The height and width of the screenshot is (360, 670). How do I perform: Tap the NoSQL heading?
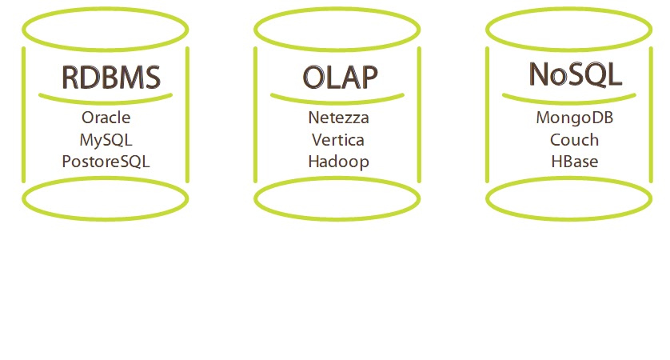(574, 74)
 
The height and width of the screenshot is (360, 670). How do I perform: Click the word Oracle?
(106, 118)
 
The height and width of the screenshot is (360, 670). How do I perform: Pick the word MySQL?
(106, 139)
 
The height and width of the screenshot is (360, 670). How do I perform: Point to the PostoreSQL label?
(106, 162)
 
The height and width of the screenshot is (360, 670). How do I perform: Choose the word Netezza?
(339, 118)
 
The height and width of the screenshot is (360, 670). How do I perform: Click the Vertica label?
(339, 139)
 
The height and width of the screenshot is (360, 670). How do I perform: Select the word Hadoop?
(339, 161)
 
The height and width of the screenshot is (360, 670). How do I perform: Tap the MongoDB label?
(574, 118)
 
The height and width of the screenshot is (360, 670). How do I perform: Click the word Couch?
(574, 139)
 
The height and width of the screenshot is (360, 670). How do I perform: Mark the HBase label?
(574, 161)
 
